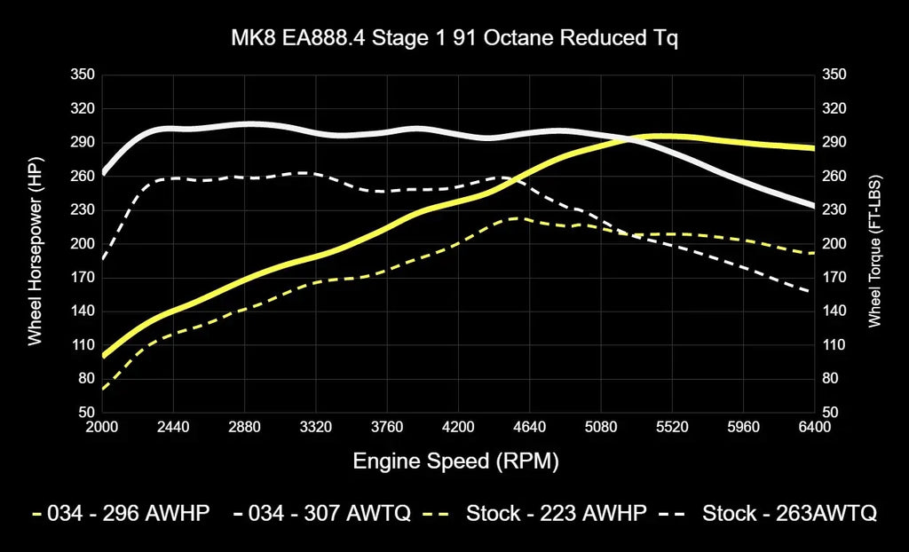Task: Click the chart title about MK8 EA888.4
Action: click(454, 40)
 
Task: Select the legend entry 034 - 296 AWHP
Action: click(121, 513)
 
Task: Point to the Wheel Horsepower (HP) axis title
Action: click(36, 244)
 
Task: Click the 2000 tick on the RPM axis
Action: click(102, 428)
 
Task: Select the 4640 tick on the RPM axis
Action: click(530, 428)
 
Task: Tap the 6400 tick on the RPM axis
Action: click(814, 428)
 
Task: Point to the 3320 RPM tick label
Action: click(316, 428)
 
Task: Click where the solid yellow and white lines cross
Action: click(628, 138)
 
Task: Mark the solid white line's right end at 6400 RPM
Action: click(812, 206)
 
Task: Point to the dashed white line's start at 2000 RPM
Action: click(103, 258)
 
